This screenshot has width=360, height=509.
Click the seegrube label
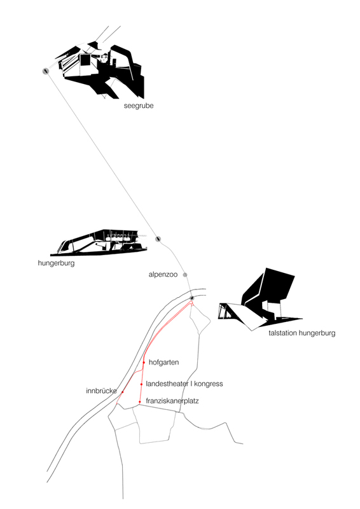click(x=139, y=106)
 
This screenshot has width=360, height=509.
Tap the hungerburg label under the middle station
click(x=56, y=263)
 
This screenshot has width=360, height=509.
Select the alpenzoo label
click(x=163, y=275)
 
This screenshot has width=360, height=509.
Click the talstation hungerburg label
click(x=302, y=333)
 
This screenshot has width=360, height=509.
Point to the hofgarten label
click(x=163, y=362)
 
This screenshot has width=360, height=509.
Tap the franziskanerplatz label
click(x=172, y=401)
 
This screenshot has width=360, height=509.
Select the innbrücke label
click(x=101, y=391)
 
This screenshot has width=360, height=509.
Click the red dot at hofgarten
click(x=144, y=362)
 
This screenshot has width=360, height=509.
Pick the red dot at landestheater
click(x=142, y=384)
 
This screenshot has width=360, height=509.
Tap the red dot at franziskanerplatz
click(x=139, y=402)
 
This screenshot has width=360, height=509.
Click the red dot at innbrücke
click(x=122, y=392)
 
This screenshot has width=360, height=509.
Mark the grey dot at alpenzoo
click(x=185, y=275)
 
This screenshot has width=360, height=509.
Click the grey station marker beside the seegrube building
click(x=45, y=71)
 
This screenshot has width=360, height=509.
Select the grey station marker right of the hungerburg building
click(x=158, y=239)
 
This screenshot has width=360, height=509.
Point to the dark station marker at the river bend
click(x=192, y=298)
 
